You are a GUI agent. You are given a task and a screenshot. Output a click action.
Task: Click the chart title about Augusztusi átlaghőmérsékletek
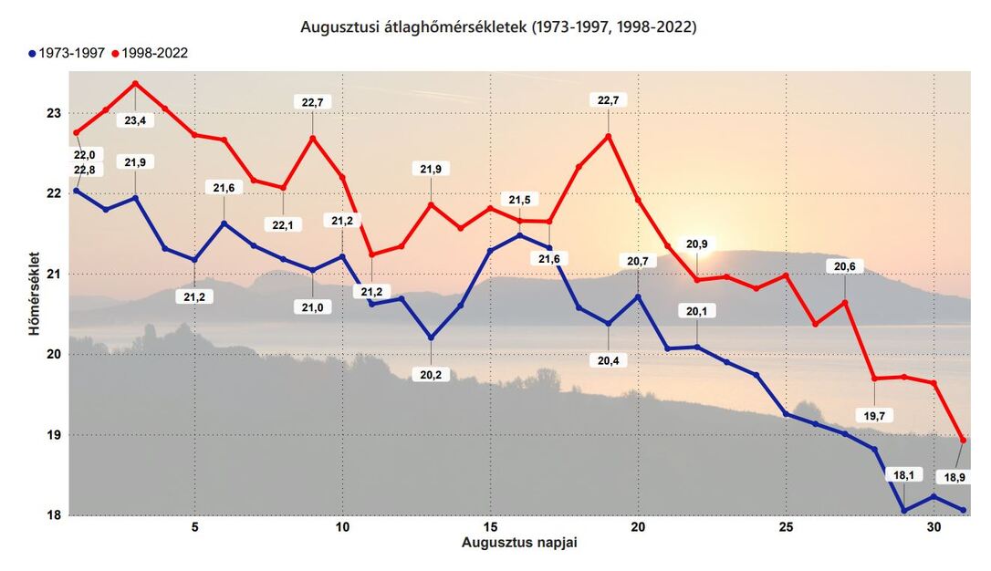tap(498, 27)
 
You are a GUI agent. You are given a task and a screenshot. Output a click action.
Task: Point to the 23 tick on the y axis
tap(53, 113)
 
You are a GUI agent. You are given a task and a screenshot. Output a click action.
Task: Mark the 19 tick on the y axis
tap(53, 435)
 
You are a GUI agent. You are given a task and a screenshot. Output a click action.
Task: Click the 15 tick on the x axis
tap(490, 527)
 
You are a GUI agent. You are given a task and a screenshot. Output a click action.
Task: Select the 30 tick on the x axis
tap(934, 527)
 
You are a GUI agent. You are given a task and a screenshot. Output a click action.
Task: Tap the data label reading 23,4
tap(135, 120)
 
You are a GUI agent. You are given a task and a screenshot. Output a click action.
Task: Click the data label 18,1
tap(903, 474)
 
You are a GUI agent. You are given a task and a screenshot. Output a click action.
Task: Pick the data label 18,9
tap(953, 478)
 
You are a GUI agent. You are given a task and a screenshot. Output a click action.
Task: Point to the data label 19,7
tap(874, 416)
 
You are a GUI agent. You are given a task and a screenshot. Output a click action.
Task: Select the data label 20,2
tap(431, 375)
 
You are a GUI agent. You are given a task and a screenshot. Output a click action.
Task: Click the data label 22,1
tap(283, 225)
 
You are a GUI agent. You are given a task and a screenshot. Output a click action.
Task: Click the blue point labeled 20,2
tap(431, 337)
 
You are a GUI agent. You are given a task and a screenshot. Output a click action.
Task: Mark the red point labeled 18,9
tap(964, 440)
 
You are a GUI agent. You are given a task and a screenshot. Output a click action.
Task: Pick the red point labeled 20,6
tap(845, 303)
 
